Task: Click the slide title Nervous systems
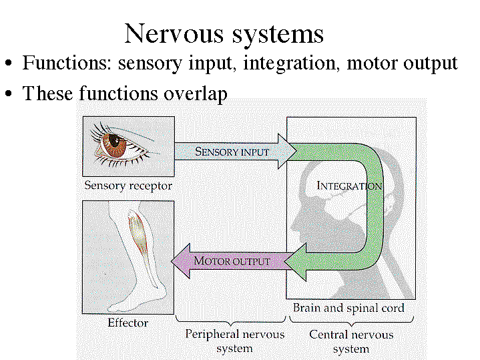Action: [224, 33]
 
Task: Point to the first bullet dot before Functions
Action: [9, 65]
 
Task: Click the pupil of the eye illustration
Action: [114, 141]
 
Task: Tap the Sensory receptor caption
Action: [128, 185]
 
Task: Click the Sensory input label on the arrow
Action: [232, 152]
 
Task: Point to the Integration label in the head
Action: [348, 186]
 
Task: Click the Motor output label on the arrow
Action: [232, 260]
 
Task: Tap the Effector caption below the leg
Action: [128, 323]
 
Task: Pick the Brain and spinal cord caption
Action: [348, 308]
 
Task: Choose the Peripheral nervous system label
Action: [234, 341]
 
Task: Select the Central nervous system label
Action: [350, 341]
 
